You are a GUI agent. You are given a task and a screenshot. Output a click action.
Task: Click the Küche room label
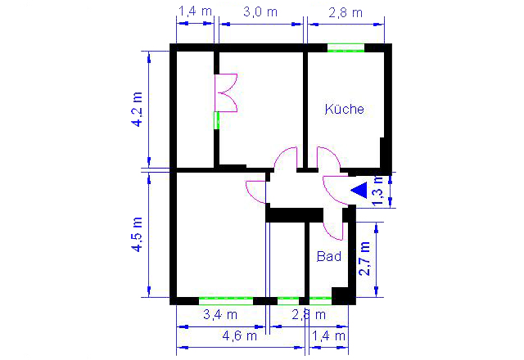point(344,109)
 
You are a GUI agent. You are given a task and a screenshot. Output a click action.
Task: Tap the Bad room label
point(329,256)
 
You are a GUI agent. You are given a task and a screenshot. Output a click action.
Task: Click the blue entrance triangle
point(359,190)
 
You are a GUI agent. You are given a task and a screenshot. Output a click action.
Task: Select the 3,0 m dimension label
point(260,12)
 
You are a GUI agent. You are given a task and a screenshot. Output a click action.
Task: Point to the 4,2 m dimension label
point(138,109)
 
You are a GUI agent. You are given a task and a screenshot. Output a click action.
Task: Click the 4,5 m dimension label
point(138,234)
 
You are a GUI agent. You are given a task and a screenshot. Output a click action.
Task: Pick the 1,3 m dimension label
point(378,191)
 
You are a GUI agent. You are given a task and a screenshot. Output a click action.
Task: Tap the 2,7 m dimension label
point(364,259)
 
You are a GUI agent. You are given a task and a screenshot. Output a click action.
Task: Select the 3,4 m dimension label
point(220,314)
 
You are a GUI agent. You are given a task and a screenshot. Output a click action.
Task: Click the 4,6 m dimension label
point(240,335)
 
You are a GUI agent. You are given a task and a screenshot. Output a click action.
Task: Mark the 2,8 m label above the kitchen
point(346,13)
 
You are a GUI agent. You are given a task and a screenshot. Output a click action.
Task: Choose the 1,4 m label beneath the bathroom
point(328,335)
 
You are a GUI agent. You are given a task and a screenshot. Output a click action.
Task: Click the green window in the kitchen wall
point(346,47)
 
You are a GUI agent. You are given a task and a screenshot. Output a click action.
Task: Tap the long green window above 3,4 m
point(226,300)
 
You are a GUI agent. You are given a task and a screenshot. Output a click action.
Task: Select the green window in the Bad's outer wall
point(320,300)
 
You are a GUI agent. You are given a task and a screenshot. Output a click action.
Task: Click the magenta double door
point(226,92)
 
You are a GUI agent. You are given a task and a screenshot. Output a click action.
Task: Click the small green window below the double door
point(216,120)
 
